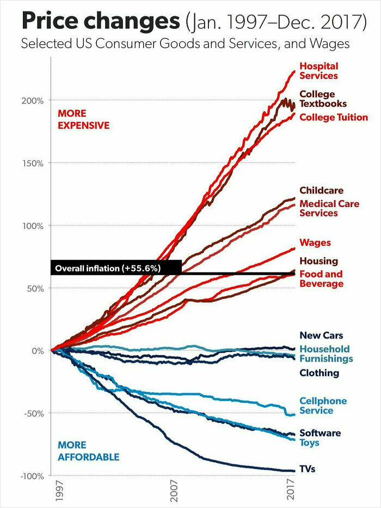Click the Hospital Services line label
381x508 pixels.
(x=318, y=71)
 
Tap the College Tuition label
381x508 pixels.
(x=333, y=117)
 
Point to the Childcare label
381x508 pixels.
(x=321, y=190)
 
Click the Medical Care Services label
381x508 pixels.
(x=329, y=208)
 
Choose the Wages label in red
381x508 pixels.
(x=315, y=243)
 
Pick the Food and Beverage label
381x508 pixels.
(x=321, y=279)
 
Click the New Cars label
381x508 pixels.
(x=321, y=335)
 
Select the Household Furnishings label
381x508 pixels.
(x=325, y=354)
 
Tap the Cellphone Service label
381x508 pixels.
(x=323, y=406)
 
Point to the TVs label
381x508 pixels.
(x=307, y=469)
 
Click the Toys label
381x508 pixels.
(x=309, y=443)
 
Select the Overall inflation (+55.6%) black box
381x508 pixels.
(x=116, y=268)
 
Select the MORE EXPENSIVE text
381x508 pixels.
(x=83, y=119)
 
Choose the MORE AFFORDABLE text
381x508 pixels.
(x=88, y=451)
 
